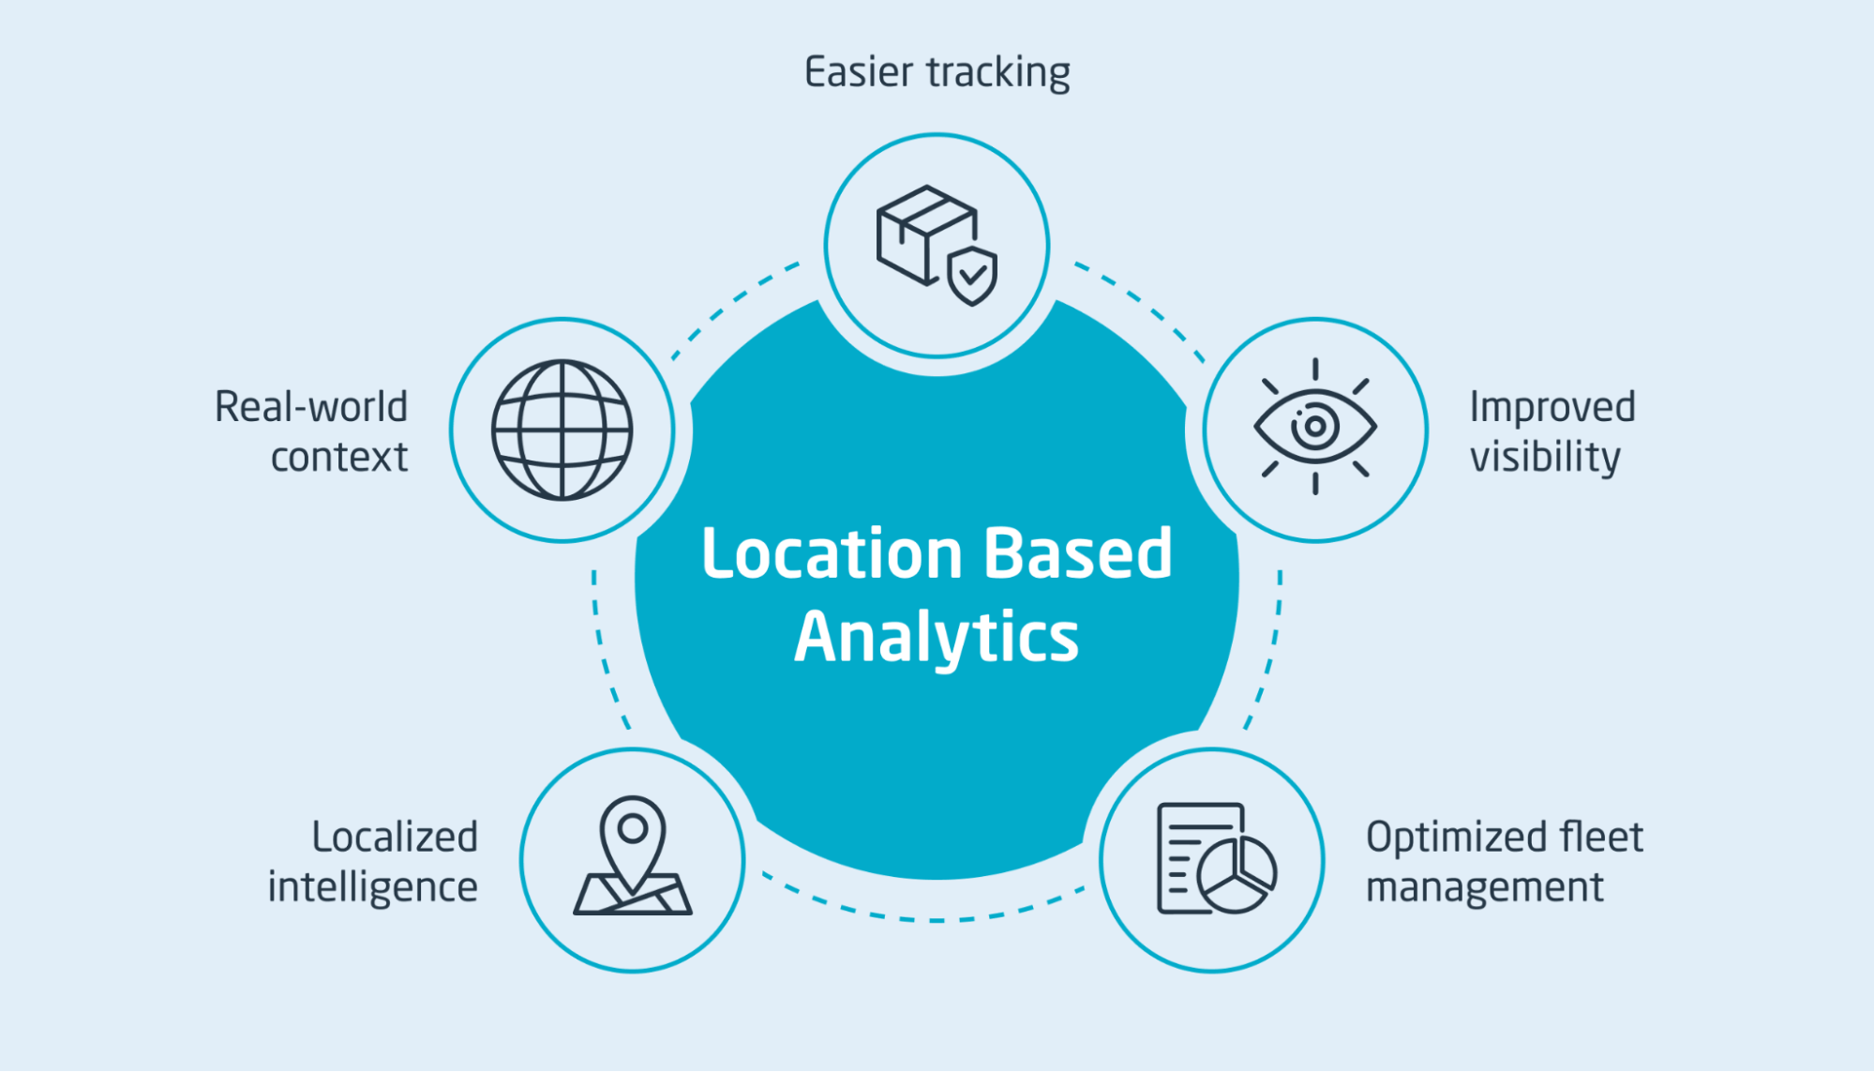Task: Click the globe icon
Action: pyautogui.click(x=562, y=430)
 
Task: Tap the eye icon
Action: pyautogui.click(x=1314, y=427)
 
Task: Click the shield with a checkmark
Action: pyautogui.click(x=972, y=276)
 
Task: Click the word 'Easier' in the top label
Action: pyautogui.click(x=858, y=72)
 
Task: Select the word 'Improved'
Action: pyautogui.click(x=1552, y=408)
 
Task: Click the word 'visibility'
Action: pyautogui.click(x=1544, y=458)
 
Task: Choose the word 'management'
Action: pyautogui.click(x=1484, y=887)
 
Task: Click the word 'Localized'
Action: pyautogui.click(x=395, y=838)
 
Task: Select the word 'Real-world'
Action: pyautogui.click(x=311, y=407)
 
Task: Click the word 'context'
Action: pyautogui.click(x=339, y=458)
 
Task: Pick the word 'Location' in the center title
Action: pyautogui.click(x=832, y=553)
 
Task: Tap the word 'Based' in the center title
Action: pyautogui.click(x=1077, y=553)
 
